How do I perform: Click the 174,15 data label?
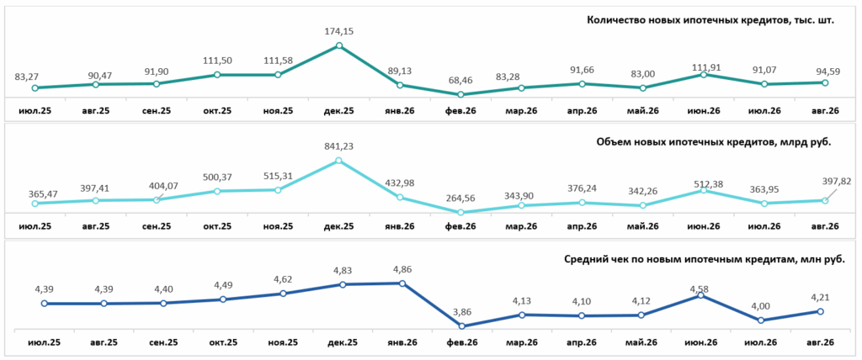[x=339, y=31]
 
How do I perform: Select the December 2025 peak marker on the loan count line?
[x=339, y=45]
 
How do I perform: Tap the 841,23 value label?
[x=338, y=146]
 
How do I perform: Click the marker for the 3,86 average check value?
[x=462, y=326]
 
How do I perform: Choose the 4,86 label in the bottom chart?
[x=402, y=270]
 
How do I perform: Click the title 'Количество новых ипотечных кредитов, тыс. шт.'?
[x=710, y=21]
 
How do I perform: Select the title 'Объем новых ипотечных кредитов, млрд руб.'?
[x=716, y=142]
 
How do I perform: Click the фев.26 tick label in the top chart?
[x=460, y=110]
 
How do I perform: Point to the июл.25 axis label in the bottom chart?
[x=44, y=342]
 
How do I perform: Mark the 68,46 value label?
[x=460, y=81]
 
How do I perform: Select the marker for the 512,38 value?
[x=705, y=191]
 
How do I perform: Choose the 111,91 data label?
[x=705, y=67]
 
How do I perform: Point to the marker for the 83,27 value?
[x=35, y=88]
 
